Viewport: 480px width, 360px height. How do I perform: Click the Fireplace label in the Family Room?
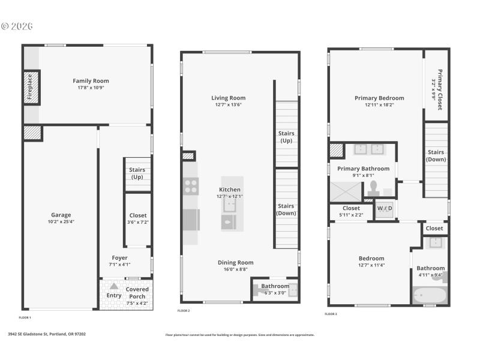point(28,88)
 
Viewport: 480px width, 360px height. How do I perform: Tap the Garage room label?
point(61,215)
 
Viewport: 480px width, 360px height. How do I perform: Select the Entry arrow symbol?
point(113,286)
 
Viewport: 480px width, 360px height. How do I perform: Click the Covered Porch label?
point(137,292)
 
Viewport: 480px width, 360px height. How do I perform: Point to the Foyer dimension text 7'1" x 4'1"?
point(119,264)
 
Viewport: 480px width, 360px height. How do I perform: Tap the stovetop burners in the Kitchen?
point(191,186)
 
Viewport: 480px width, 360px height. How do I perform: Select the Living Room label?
point(228,98)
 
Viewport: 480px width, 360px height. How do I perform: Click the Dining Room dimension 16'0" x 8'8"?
point(235,270)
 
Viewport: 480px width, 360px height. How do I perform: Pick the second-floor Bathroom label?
point(275,286)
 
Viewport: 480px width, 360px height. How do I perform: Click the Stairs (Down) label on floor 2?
point(286,209)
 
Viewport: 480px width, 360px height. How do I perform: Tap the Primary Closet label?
point(440,90)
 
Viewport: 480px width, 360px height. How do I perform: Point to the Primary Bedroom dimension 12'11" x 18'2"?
point(379,105)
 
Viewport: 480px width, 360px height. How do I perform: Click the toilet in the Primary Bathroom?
point(372,187)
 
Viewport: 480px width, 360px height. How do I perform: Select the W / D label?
point(384,209)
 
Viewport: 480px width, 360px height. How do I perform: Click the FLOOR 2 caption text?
point(184,311)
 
